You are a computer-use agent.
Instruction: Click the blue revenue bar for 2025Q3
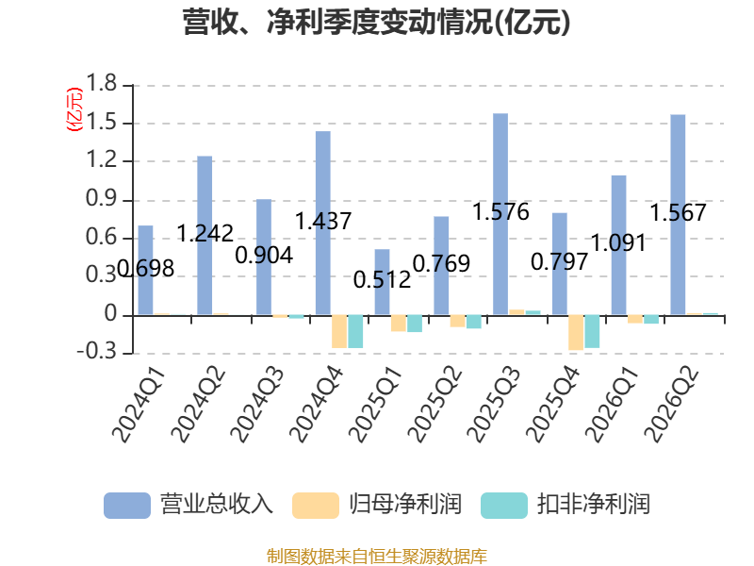(500, 214)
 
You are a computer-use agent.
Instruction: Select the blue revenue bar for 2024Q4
(323, 224)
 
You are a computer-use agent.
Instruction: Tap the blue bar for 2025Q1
(383, 282)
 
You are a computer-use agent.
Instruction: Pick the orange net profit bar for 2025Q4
(576, 333)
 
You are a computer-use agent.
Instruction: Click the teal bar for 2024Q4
(356, 332)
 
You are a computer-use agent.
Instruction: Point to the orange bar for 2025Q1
(399, 324)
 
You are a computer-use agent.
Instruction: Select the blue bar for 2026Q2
(678, 215)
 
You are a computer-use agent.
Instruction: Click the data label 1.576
(500, 211)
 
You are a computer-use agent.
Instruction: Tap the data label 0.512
(383, 279)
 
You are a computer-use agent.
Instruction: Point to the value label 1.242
(205, 233)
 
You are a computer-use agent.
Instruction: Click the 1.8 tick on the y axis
(102, 84)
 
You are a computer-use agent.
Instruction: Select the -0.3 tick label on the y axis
(97, 352)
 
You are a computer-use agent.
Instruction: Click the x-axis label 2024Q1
(139, 405)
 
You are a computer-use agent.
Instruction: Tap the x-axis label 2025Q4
(553, 405)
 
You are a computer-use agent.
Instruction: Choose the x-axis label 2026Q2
(671, 405)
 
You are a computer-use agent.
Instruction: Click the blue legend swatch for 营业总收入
(127, 506)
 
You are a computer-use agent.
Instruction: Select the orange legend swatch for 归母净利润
(316, 506)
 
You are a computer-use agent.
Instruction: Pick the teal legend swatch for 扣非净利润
(504, 506)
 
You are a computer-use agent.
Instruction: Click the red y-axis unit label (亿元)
(74, 109)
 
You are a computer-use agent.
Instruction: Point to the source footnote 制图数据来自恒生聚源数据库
(377, 557)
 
